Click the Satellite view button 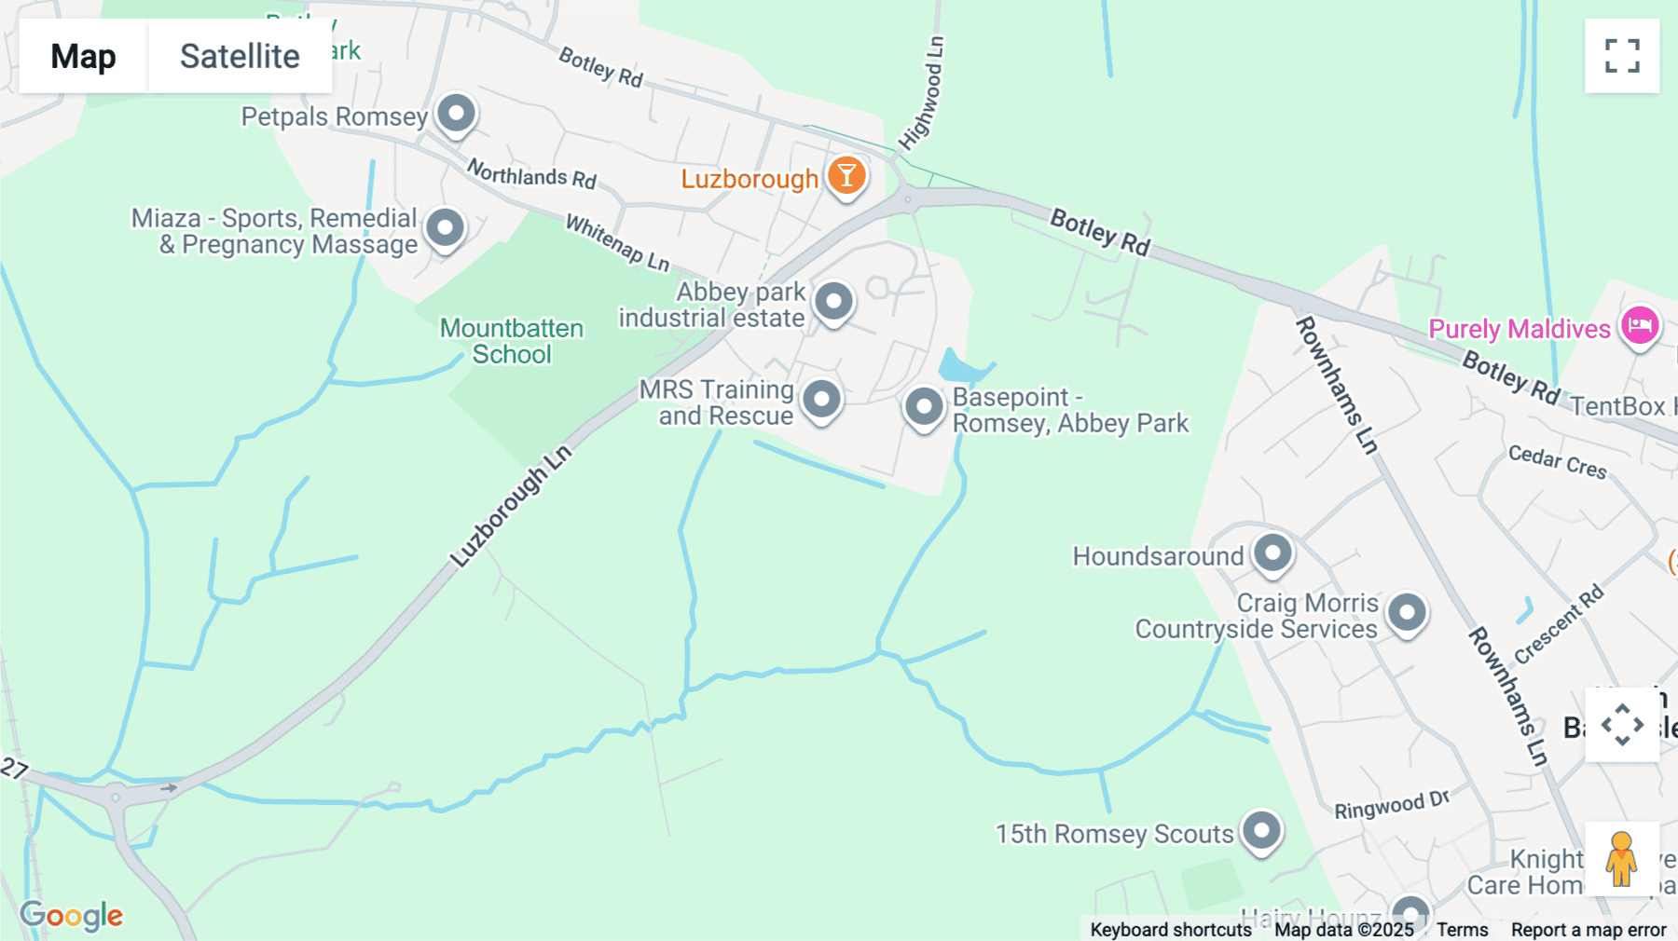coord(240,56)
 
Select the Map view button coord(83,56)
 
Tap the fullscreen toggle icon coord(1622,56)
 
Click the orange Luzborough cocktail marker coord(846,175)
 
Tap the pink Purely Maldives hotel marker coord(1640,326)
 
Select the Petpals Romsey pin coord(457,115)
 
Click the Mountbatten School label coord(512,341)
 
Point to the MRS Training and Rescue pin coord(822,400)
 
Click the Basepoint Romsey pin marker coord(925,407)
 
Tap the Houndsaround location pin coord(1272,553)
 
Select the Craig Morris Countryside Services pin coord(1407,613)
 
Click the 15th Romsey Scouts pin coord(1262,830)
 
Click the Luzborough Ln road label coord(511,507)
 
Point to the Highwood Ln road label coord(922,93)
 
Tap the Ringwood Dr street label coord(1392,805)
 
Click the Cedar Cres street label coord(1557,461)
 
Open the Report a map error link coord(1589,930)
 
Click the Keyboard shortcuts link coord(1171,930)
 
